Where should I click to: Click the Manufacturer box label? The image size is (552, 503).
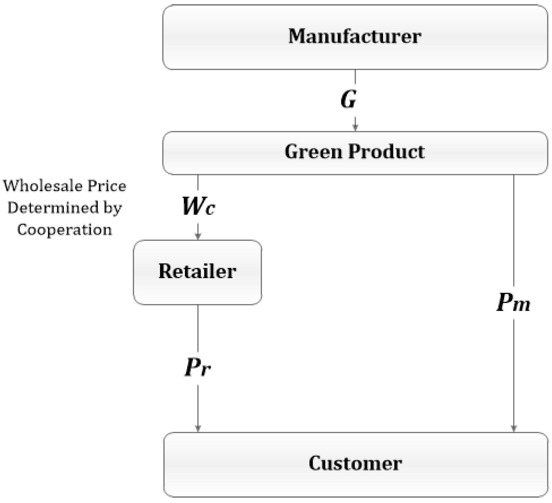point(355,37)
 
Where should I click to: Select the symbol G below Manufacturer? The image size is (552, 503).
point(349,99)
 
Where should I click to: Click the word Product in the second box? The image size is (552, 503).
point(386,152)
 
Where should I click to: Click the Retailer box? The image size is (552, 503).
point(197,272)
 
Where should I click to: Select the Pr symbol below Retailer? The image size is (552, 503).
point(198,368)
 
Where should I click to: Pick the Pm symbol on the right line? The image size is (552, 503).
point(513,303)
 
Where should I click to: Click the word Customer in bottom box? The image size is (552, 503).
point(355,463)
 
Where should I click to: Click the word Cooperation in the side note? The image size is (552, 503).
point(65,230)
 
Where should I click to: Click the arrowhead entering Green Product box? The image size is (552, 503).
point(355,128)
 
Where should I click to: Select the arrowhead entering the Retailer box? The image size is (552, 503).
point(198,236)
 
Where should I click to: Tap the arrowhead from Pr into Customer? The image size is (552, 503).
point(198,428)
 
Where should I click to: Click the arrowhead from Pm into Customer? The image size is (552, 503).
point(514,428)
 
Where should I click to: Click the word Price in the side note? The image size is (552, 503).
point(107,186)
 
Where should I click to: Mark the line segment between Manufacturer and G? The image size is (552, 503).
point(355,77)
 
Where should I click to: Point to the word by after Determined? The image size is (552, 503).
point(112,208)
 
